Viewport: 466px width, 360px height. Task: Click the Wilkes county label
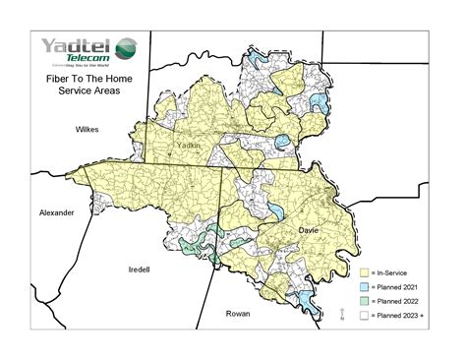coord(90,130)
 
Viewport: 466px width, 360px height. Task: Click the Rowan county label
coord(237,314)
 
